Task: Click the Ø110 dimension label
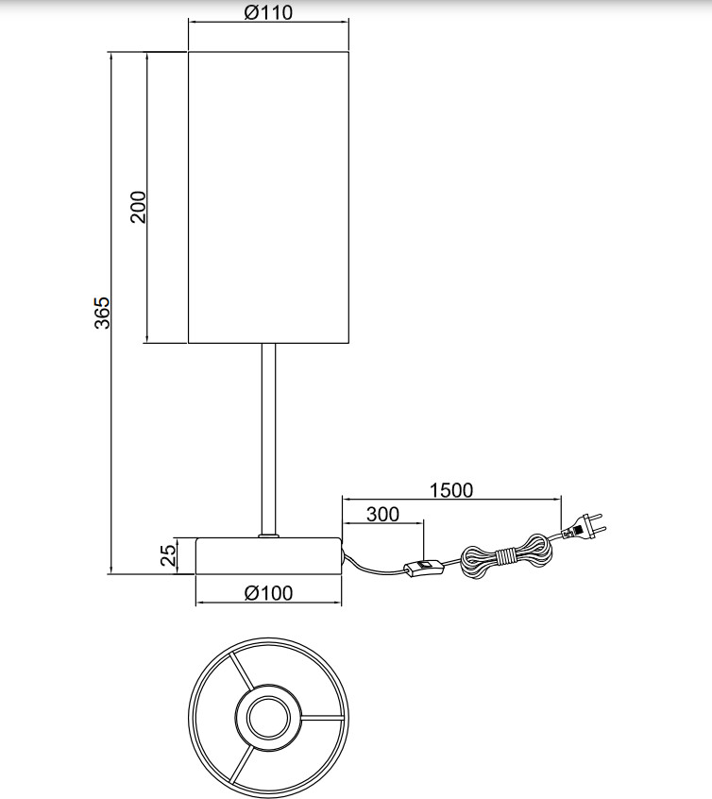(268, 12)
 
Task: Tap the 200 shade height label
(138, 207)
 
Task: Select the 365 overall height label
(102, 313)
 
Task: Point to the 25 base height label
(168, 555)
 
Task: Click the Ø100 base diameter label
(268, 592)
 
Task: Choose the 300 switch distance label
(382, 514)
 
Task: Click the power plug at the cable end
(584, 528)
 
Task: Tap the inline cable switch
(424, 566)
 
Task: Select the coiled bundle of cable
(504, 557)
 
